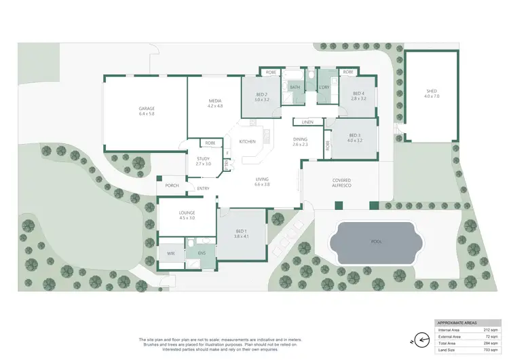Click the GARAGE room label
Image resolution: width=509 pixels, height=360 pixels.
tap(147, 108)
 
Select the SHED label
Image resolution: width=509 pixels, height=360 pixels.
tap(432, 91)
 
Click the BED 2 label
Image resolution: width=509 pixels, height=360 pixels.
tap(262, 94)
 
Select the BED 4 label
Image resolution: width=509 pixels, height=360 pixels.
tap(358, 94)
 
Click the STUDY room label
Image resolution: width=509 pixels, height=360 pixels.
tap(203, 159)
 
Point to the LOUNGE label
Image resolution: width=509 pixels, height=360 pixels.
tap(187, 213)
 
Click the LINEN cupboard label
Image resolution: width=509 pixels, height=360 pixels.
tap(307, 122)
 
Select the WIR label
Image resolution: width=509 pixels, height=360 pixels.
tap(171, 253)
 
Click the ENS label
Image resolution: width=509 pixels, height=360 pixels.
tap(202, 253)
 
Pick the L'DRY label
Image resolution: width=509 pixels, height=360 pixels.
tap(323, 88)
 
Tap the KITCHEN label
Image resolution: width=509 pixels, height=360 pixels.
tap(247, 141)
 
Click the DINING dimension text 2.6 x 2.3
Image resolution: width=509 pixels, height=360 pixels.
tap(300, 144)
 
